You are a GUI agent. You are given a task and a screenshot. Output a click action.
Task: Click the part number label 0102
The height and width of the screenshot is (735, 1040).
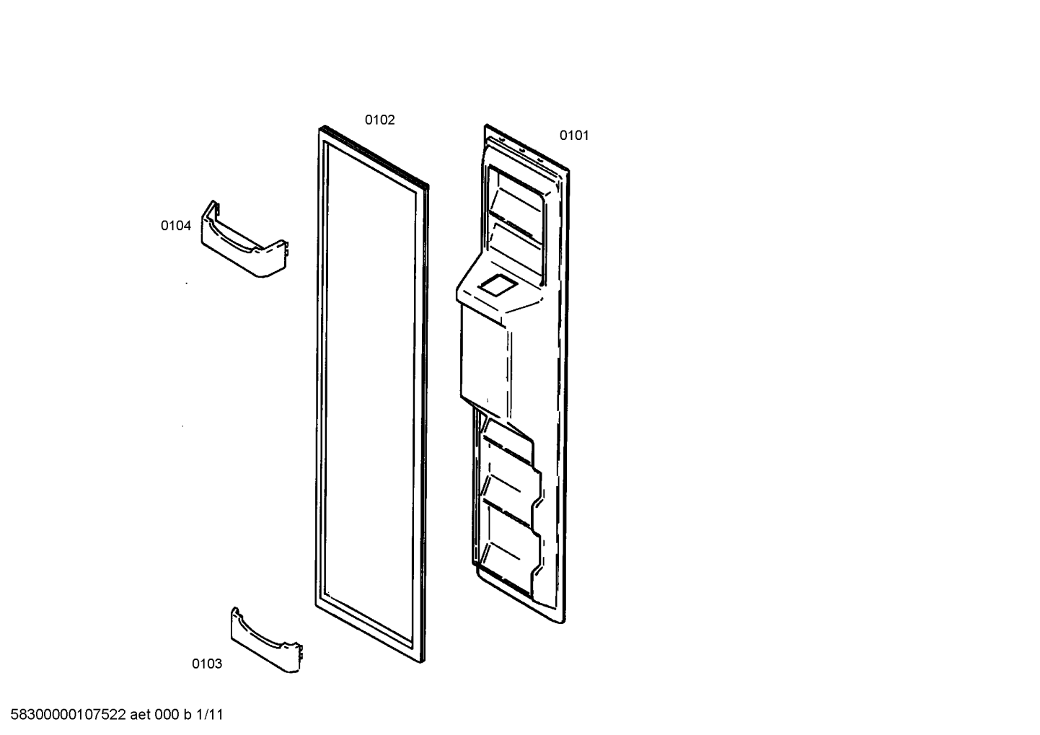(x=379, y=120)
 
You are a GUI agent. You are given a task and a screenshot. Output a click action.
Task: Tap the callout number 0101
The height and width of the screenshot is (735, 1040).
(x=574, y=135)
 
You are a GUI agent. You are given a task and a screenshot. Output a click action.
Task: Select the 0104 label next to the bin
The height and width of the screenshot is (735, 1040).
(x=175, y=226)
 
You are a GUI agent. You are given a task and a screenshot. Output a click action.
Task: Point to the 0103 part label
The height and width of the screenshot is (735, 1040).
(x=207, y=664)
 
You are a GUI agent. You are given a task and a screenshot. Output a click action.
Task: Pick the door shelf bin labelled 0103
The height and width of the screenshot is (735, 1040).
(x=267, y=641)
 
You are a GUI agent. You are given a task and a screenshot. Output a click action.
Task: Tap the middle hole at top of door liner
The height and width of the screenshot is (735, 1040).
(x=521, y=150)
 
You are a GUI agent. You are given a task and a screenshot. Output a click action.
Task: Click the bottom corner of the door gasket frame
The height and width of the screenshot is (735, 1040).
(x=422, y=662)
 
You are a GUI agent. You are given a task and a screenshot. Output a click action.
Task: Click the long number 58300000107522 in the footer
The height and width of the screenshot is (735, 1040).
(x=68, y=714)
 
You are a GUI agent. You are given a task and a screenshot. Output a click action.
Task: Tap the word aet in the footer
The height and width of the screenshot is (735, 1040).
(x=140, y=714)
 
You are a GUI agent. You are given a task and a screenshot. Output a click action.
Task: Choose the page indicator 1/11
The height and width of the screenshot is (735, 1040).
(x=210, y=714)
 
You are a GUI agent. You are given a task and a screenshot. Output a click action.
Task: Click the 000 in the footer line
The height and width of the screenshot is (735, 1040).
(x=167, y=714)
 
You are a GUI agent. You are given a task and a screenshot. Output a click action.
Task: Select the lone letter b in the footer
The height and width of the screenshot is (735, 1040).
(x=188, y=714)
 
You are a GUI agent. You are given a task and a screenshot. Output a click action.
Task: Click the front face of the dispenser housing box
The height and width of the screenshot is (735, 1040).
(x=483, y=362)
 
